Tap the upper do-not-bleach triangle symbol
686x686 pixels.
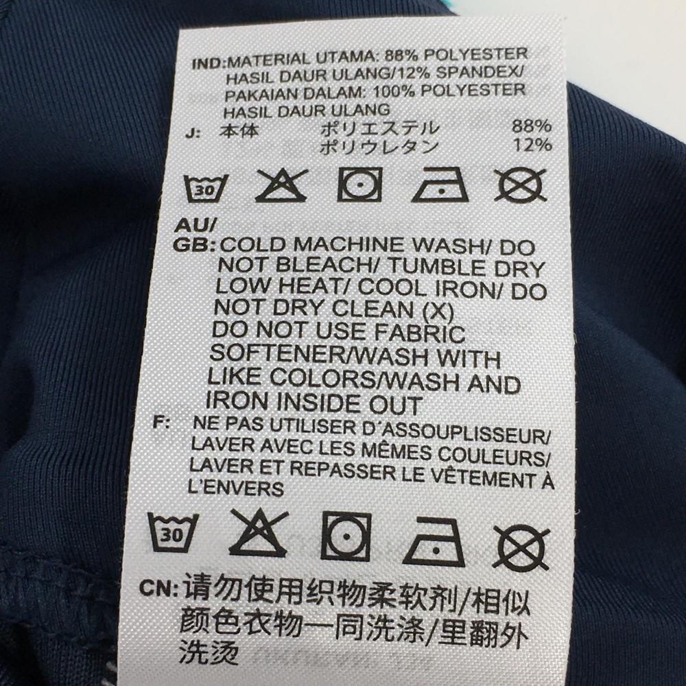pos(281,185)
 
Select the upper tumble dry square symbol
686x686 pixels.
pos(359,185)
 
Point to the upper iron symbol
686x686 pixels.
pos(440,185)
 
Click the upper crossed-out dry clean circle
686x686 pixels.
pos(521,185)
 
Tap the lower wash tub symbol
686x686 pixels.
pos(173,532)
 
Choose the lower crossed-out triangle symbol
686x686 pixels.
pos(259,533)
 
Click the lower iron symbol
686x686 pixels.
pos(434,542)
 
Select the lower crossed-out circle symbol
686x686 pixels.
pos(521,547)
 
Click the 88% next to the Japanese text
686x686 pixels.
pos(532,126)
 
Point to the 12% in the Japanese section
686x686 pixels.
pos(533,145)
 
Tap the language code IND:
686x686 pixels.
pos(209,63)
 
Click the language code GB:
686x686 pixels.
pos(195,245)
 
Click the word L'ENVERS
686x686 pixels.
pos(236,487)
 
